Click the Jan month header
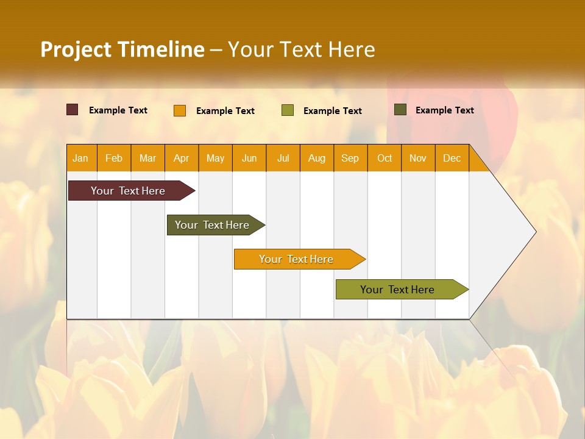[x=80, y=158]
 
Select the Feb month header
[x=114, y=158]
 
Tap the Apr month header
[x=181, y=158]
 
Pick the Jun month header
[x=249, y=158]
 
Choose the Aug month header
[x=316, y=158]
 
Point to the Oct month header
[x=385, y=158]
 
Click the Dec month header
[x=452, y=158]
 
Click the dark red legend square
[x=73, y=110]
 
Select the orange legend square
[x=180, y=110]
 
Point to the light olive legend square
[x=288, y=110]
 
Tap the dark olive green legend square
[x=400, y=110]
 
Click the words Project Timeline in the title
[x=122, y=49]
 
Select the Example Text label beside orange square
[x=225, y=111]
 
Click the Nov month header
[x=418, y=158]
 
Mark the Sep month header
[x=350, y=158]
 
